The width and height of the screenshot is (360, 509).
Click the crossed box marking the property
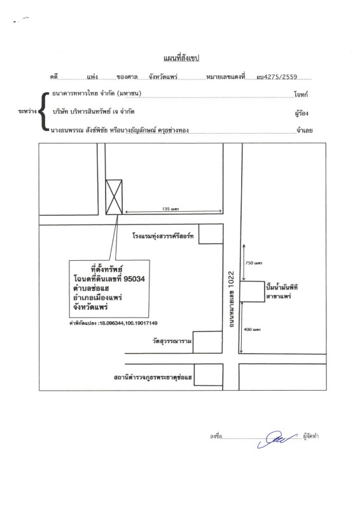coord(114,197)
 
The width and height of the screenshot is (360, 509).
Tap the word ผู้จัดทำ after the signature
coord(311,437)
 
